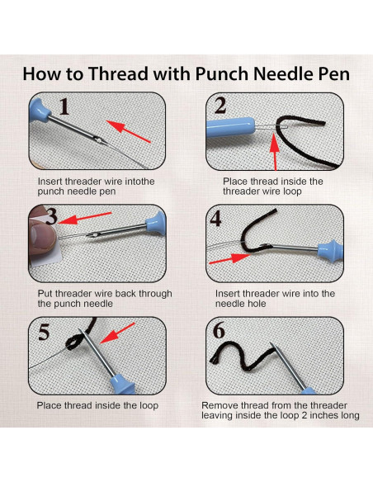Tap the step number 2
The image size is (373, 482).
(220, 106)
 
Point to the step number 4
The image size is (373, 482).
(216, 219)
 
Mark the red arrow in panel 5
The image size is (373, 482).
(119, 332)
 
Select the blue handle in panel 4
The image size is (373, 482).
(325, 247)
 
